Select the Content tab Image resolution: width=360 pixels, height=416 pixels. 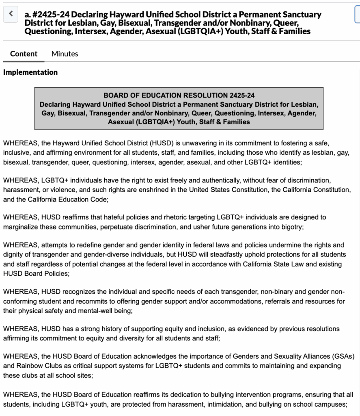[24, 54]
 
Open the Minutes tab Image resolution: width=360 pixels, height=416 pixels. [65, 54]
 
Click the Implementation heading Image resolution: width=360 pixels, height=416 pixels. [30, 72]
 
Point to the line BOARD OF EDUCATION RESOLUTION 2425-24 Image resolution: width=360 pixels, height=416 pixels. [179, 95]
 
